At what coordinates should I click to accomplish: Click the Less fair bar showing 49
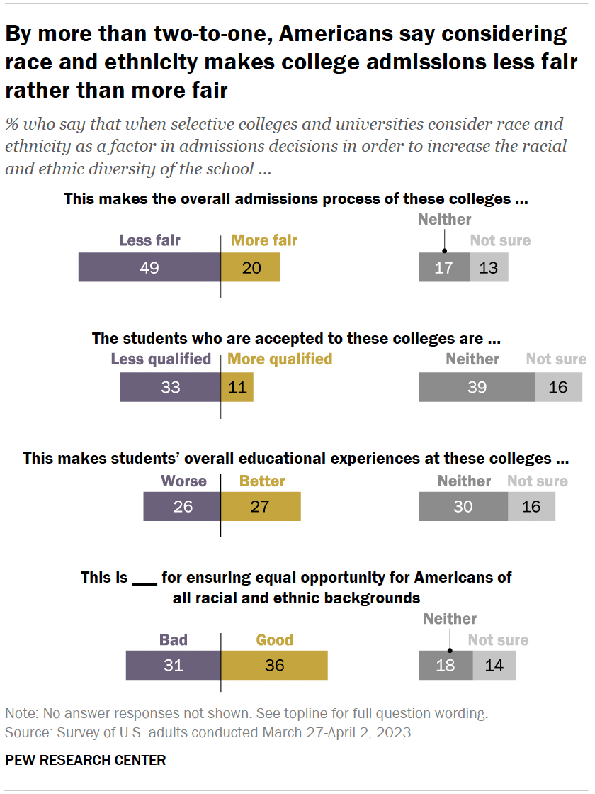[149, 268]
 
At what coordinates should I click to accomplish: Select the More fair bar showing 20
[250, 268]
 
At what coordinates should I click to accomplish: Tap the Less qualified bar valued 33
[170, 387]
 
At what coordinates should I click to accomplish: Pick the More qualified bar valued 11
[237, 387]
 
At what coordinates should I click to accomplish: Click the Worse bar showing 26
[182, 507]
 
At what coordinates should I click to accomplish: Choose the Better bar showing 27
[261, 507]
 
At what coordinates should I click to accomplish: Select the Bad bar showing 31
[174, 666]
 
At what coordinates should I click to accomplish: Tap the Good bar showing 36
[274, 666]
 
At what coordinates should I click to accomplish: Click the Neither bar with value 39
[477, 387]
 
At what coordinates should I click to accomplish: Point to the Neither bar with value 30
[463, 507]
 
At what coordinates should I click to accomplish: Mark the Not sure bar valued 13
[488, 268]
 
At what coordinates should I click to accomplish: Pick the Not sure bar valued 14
[494, 666]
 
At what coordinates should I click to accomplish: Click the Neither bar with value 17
[443, 268]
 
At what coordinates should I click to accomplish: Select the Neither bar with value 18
[446, 666]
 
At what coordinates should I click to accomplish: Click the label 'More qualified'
[280, 359]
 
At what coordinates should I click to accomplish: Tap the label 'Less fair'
[149, 240]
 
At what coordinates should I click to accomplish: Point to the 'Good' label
[274, 640]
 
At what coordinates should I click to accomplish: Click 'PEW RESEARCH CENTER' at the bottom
[86, 760]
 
